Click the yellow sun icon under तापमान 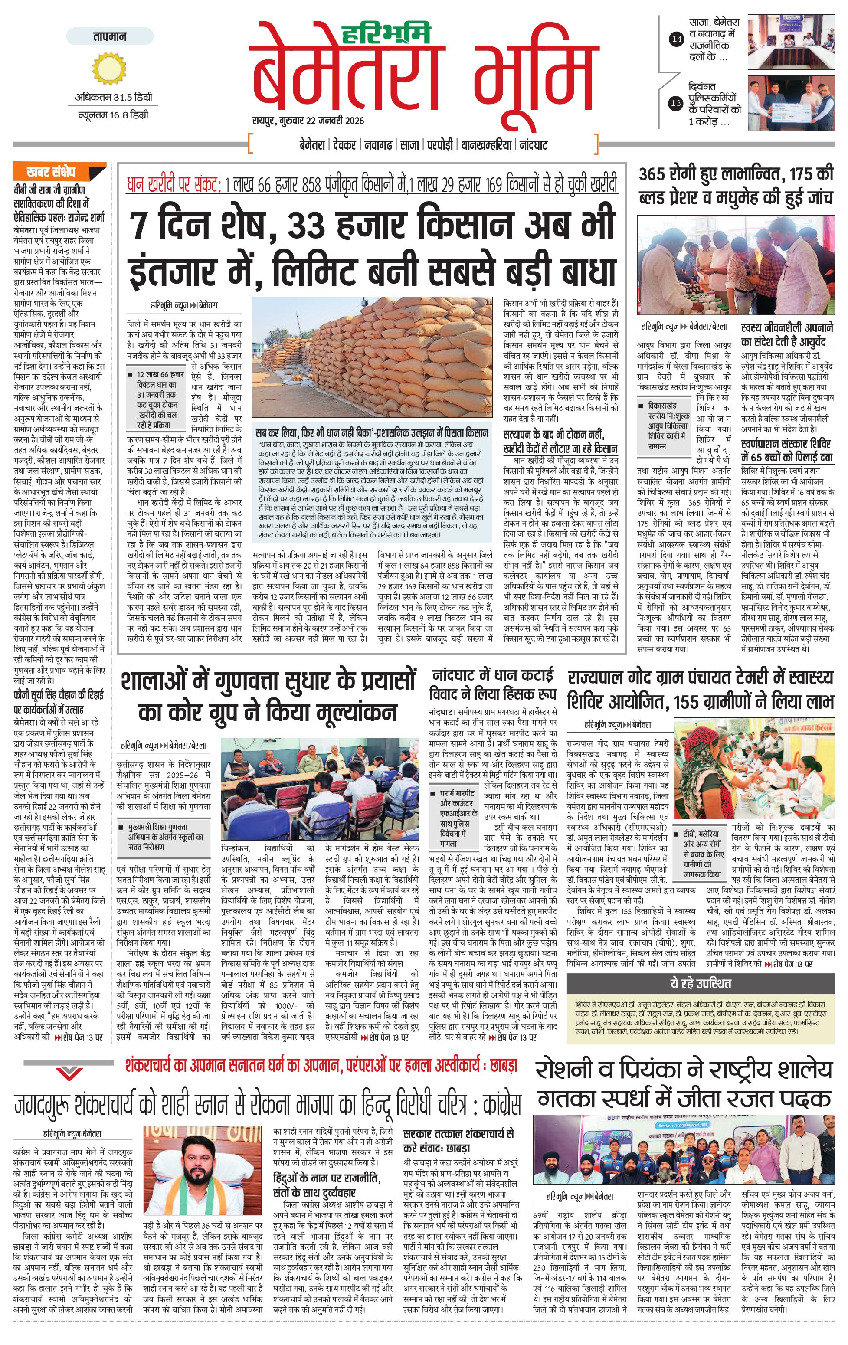pos(109,68)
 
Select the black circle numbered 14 pos(677,39)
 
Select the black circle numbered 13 pos(677,103)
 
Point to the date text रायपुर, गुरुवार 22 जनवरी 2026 pos(308,121)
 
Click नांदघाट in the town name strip pos(534,145)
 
